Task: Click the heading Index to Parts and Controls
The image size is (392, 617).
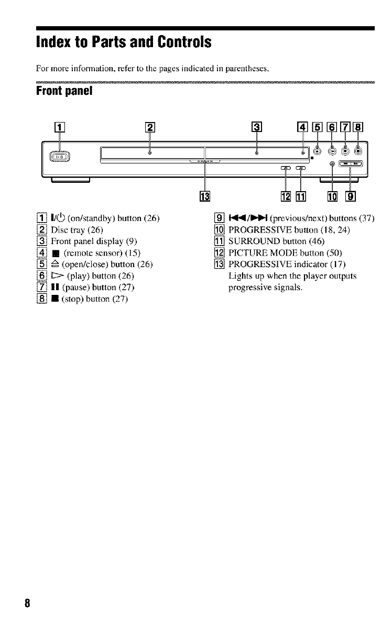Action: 123,42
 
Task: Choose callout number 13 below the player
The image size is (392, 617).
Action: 205,196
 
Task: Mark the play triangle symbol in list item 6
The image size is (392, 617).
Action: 57,276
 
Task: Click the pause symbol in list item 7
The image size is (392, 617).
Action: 55,287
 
